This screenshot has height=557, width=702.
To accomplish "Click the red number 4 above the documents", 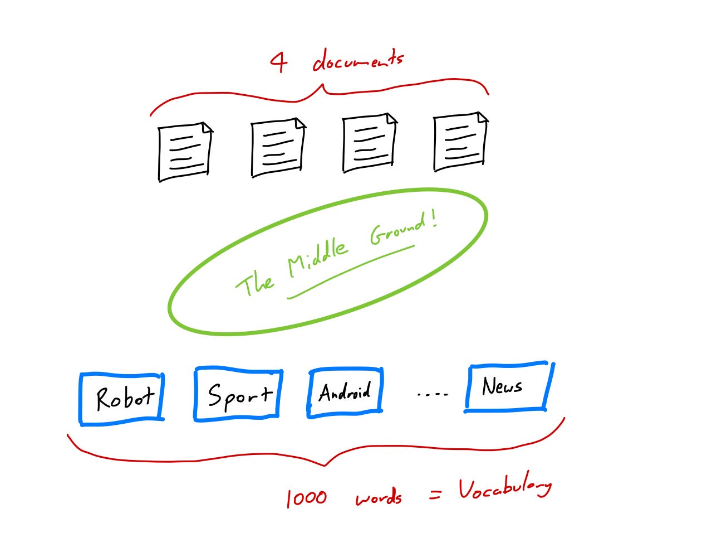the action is (x=279, y=62).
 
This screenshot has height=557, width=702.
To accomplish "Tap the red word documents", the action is (x=358, y=60).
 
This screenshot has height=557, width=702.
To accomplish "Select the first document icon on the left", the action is (x=185, y=152).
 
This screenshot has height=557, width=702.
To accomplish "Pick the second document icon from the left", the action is (x=278, y=148).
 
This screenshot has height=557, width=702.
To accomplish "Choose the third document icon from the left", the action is (x=370, y=143).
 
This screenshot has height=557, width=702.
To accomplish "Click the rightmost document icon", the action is (x=461, y=142).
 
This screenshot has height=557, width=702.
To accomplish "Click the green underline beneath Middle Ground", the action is (x=351, y=272).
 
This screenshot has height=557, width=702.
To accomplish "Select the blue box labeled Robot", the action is (x=122, y=399).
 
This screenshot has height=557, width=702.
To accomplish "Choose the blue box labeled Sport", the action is (x=238, y=394).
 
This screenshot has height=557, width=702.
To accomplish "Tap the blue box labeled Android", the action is (x=345, y=393).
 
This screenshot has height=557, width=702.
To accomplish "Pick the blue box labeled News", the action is (x=509, y=387).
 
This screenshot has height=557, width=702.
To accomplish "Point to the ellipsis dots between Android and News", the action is (x=433, y=394).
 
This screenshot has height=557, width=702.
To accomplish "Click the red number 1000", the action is (x=307, y=498).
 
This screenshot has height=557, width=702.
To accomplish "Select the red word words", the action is (x=379, y=497).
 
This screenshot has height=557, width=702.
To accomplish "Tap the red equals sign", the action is (x=435, y=494).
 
